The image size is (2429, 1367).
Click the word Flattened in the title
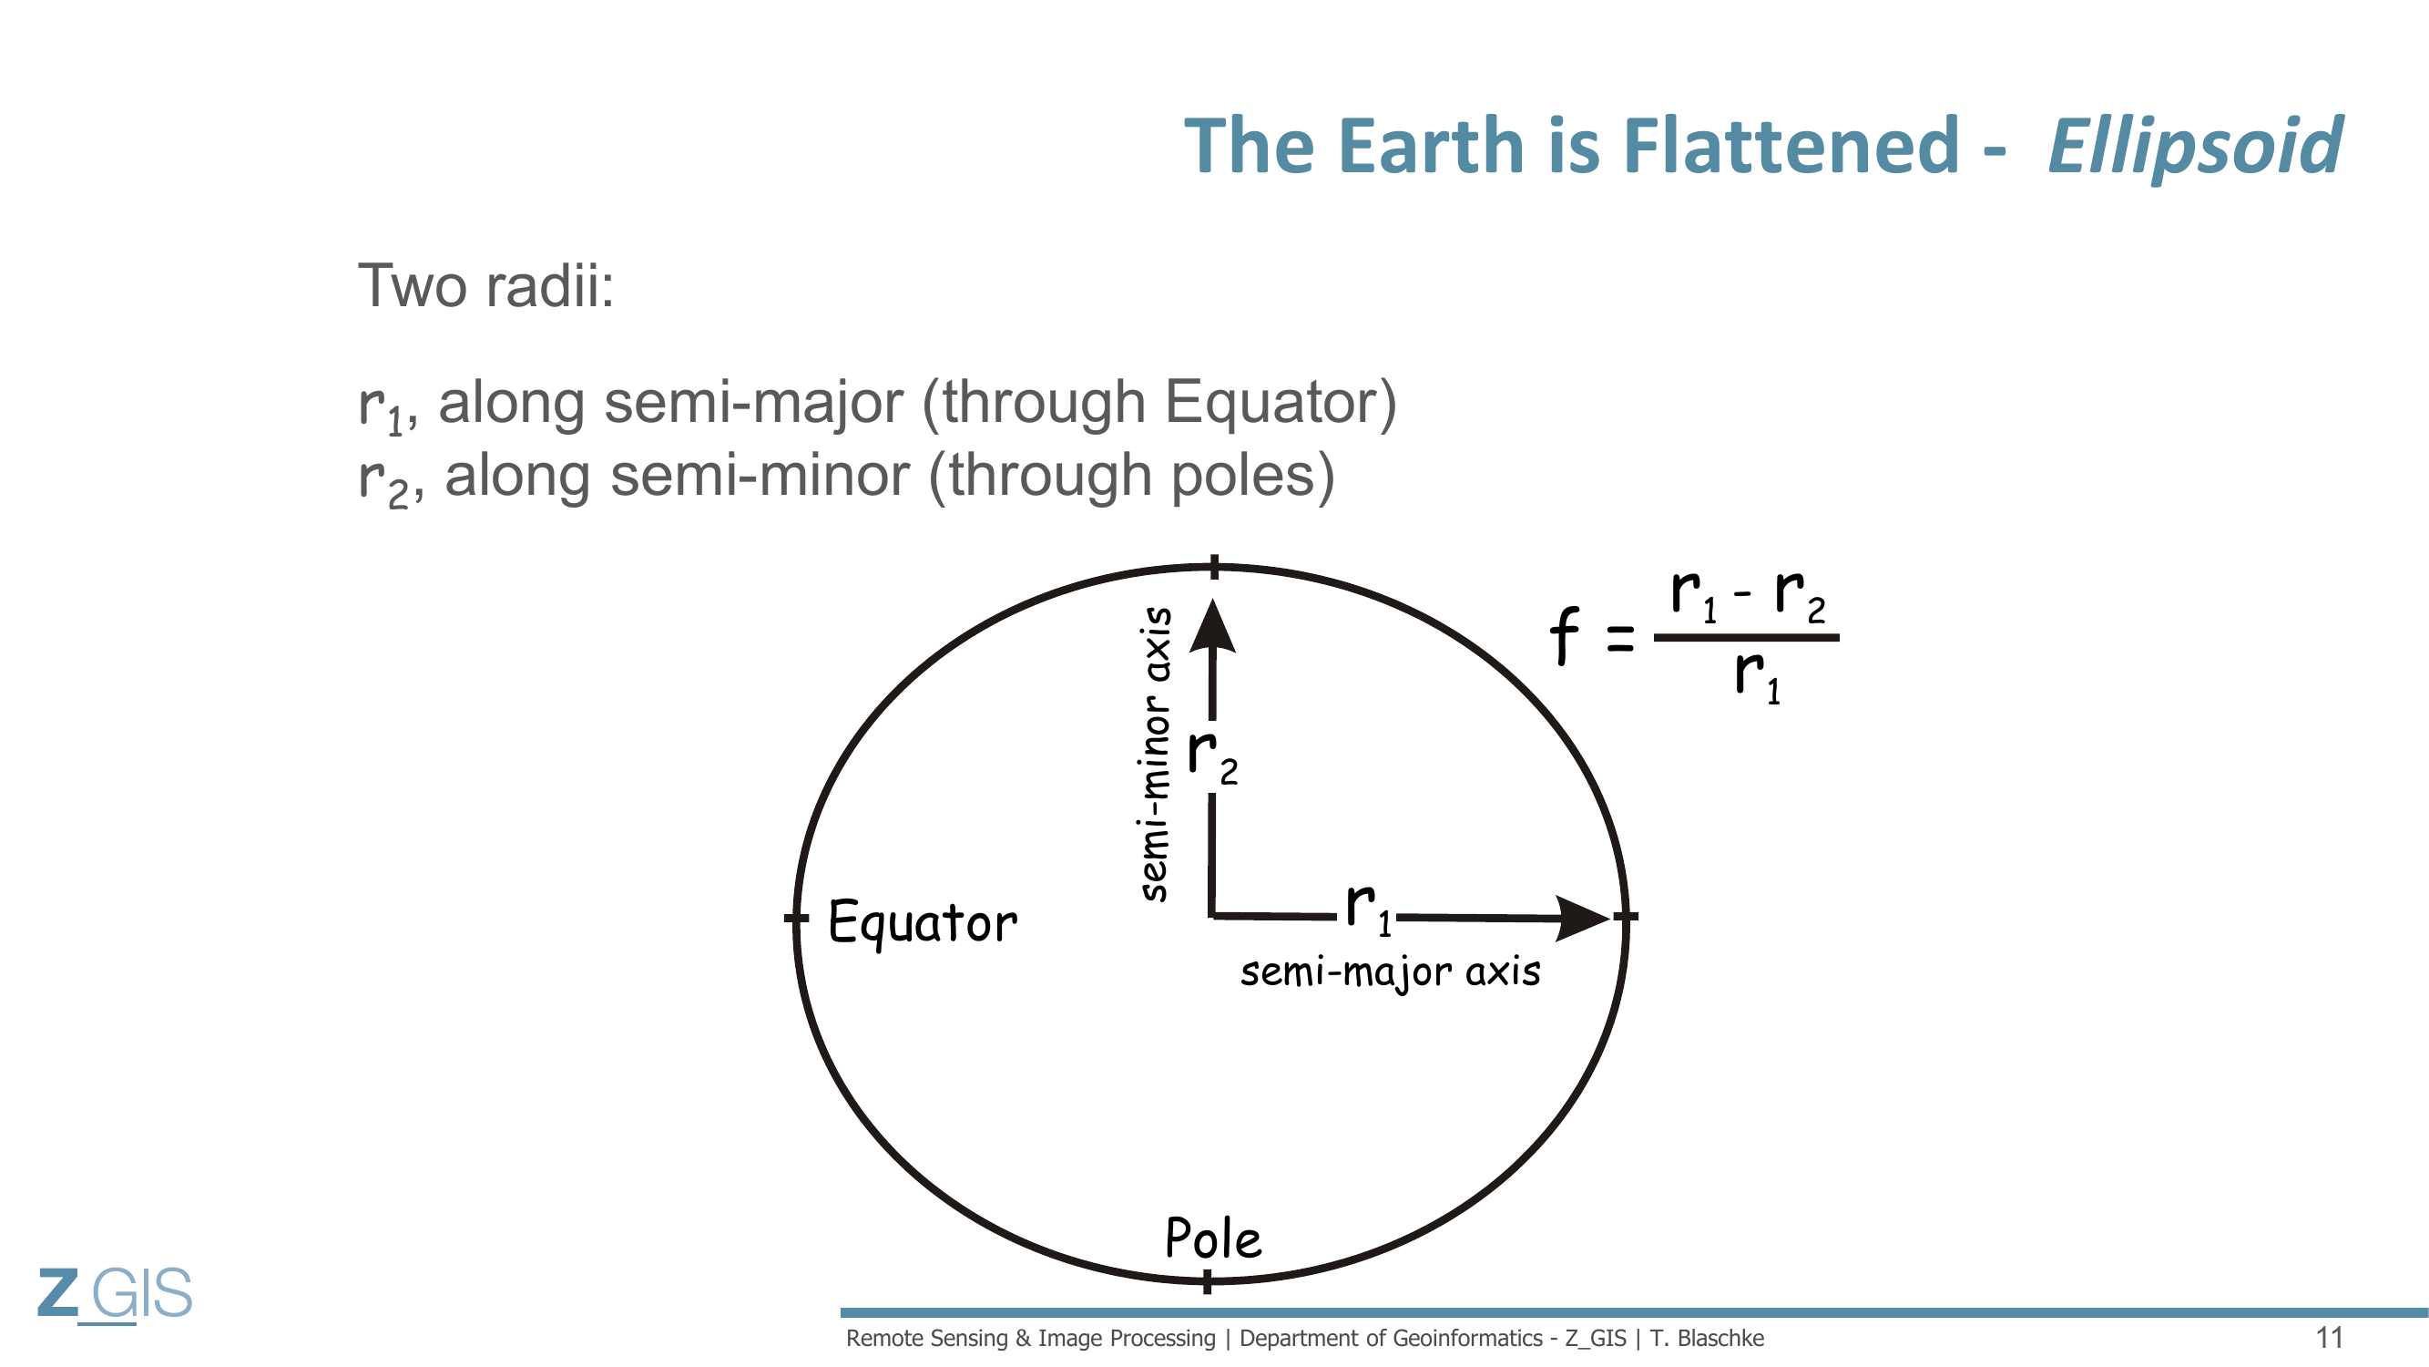(1791, 146)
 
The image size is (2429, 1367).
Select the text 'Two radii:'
(485, 285)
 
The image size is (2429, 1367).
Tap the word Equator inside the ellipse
(923, 922)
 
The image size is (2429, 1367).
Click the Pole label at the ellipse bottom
(1212, 1238)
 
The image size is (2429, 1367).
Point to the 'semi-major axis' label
(1390, 972)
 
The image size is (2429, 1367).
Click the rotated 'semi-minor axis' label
(1155, 754)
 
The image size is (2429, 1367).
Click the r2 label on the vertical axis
(1211, 756)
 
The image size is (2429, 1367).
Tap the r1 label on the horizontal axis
(1368, 910)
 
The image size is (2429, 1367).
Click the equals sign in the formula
(1620, 640)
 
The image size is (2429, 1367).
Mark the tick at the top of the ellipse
(1215, 567)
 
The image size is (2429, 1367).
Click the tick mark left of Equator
(797, 918)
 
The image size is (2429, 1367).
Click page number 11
(2329, 1338)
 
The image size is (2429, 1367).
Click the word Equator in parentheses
(1271, 403)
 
